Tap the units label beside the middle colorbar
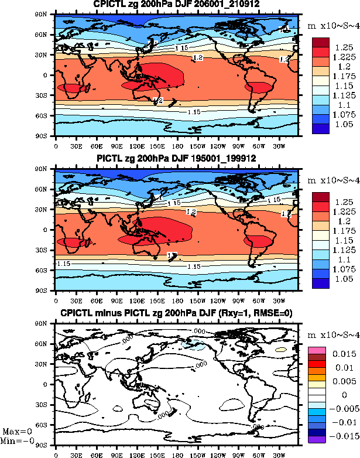click(x=331, y=180)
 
